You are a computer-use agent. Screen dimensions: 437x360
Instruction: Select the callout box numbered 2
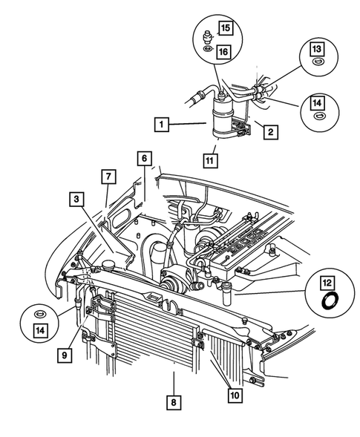click(x=272, y=133)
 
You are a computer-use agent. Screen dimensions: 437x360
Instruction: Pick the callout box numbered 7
click(x=108, y=176)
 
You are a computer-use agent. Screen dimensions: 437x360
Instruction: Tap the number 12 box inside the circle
click(x=327, y=282)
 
